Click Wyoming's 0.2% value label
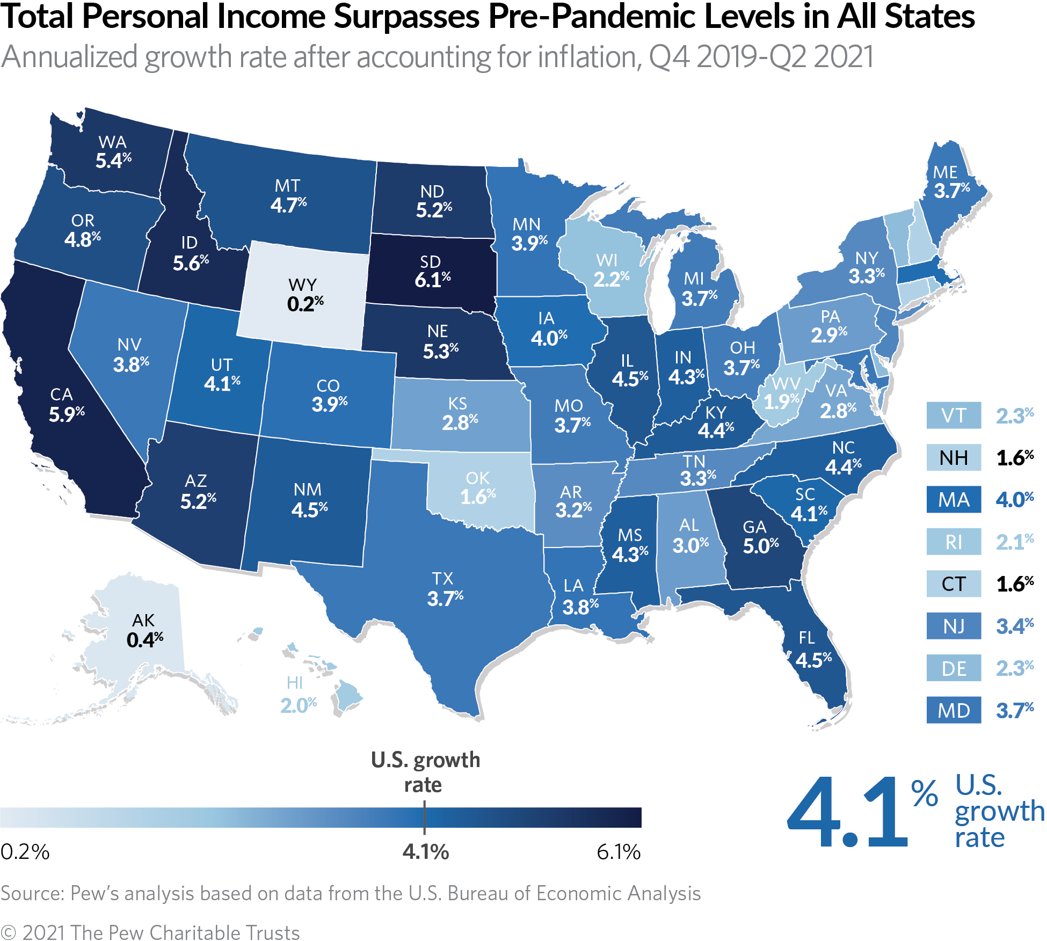305,304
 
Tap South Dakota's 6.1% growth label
432,280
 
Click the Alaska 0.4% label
144,640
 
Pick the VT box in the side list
954,415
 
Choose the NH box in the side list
954,458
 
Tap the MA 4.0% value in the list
1014,500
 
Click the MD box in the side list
954,711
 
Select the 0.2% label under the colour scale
25,852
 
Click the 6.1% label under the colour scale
619,852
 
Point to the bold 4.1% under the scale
425,852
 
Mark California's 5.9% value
67,414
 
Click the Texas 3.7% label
445,598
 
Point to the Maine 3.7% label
951,191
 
